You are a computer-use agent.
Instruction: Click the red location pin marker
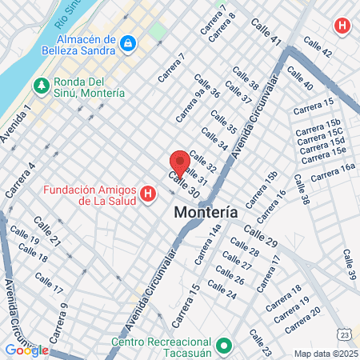[x=180, y=162]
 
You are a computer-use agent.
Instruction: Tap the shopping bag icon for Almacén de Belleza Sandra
[x=128, y=41]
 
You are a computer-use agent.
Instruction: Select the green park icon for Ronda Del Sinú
[x=41, y=84]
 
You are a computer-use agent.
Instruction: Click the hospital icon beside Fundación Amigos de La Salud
[x=147, y=194]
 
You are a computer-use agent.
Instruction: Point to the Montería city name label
[x=206, y=214]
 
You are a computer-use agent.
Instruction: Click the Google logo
[x=26, y=350]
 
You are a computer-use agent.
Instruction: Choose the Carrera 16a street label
[x=332, y=171]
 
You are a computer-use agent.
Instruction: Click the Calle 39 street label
[x=350, y=265]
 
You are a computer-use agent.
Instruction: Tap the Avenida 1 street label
[x=16, y=124]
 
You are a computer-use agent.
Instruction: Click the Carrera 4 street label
[x=20, y=181]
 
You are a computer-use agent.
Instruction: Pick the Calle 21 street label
[x=46, y=230]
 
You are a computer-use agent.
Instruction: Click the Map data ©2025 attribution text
[x=324, y=353]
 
